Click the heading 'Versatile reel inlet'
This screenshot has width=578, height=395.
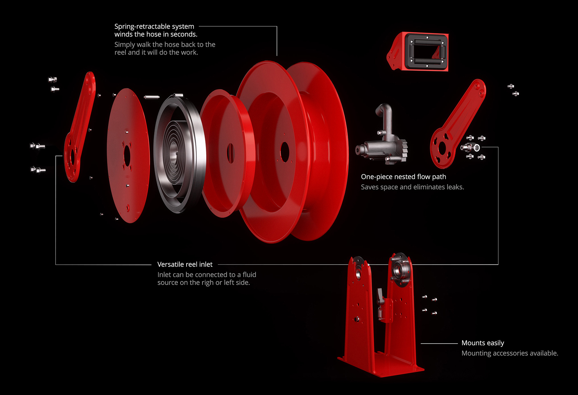click(185, 264)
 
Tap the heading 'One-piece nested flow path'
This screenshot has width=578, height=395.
click(403, 177)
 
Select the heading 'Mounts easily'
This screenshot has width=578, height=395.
click(483, 343)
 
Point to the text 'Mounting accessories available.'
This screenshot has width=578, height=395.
click(510, 353)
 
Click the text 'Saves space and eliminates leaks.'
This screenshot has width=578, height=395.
click(412, 187)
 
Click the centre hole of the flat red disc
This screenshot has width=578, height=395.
click(127, 156)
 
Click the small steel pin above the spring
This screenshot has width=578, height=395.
click(152, 97)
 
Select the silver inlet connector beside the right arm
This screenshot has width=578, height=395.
click(471, 148)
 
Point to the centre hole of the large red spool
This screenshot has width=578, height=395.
click(285, 152)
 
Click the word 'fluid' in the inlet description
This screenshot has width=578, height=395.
click(249, 275)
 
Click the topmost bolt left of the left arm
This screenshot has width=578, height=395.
click(52, 79)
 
